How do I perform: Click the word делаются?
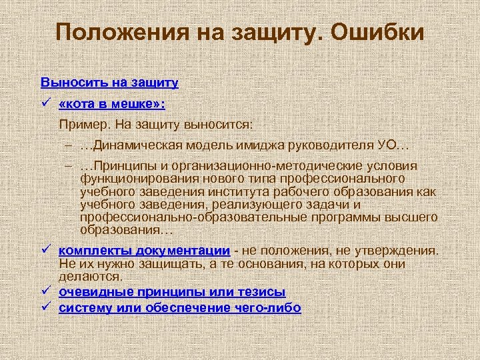[x=90, y=276]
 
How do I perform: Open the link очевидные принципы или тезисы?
[x=172, y=292]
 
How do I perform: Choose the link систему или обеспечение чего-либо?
[x=180, y=307]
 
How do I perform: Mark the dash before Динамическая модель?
[x=69, y=145]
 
